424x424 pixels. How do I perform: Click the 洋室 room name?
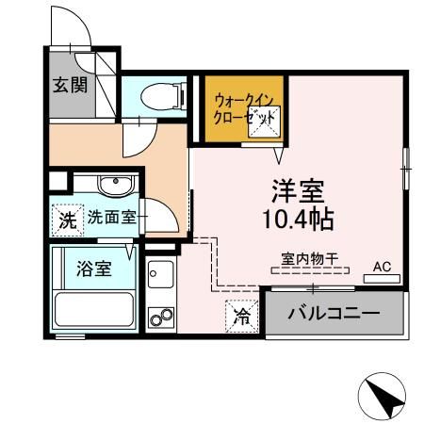[x=299, y=191]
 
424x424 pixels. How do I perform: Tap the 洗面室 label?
[x=111, y=217]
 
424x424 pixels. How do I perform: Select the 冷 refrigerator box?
[x=241, y=317]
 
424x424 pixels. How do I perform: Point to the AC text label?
[x=383, y=267]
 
